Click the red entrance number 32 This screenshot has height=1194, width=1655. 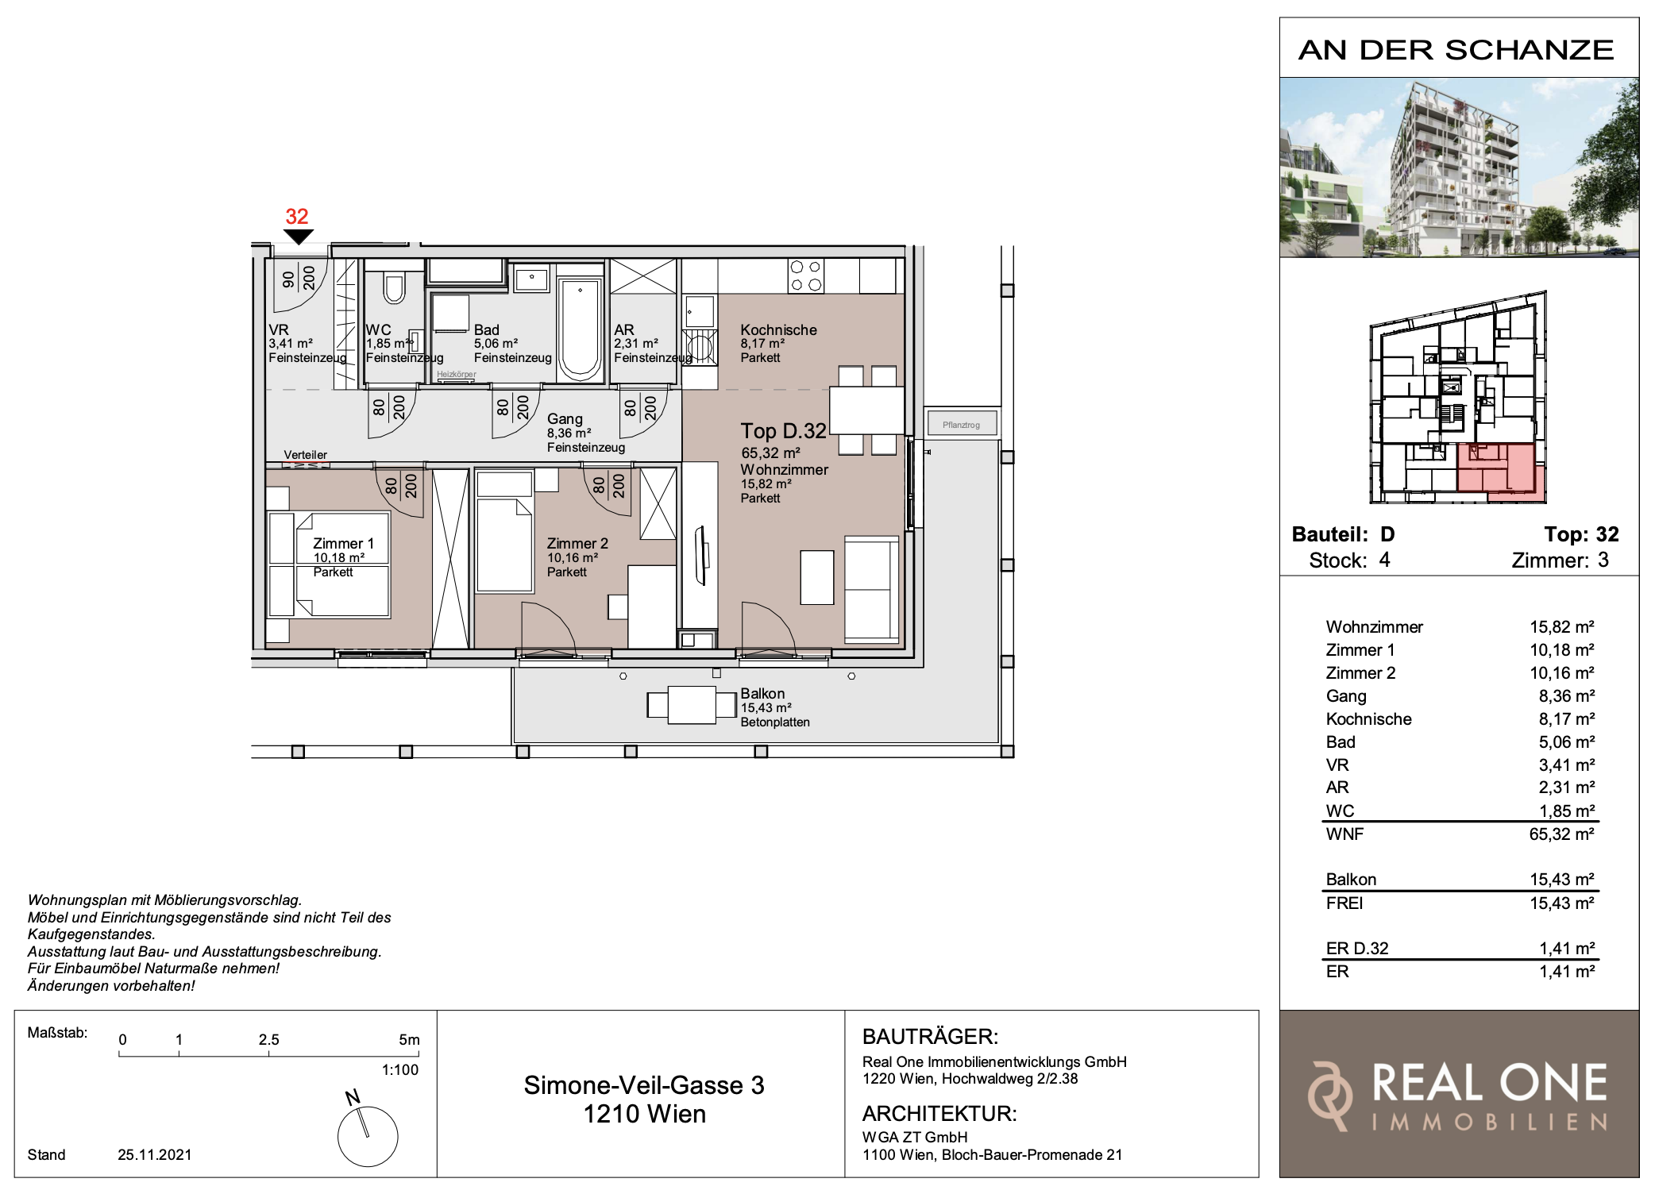coord(297,216)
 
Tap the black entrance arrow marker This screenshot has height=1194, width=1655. coord(298,237)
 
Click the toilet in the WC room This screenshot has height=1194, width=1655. coord(394,288)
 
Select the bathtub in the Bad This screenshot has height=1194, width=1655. coord(580,329)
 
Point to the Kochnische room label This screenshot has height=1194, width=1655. coord(778,329)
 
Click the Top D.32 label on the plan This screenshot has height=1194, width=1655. coord(784,431)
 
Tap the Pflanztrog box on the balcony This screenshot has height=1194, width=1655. coord(961,424)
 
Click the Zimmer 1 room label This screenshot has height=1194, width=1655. coord(343,543)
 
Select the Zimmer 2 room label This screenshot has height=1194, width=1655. coord(577,543)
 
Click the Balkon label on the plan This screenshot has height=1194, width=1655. coord(762,693)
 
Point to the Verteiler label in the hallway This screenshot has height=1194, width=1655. coord(306,455)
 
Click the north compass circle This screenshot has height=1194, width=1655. coord(368,1137)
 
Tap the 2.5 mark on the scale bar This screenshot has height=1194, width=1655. coord(269,1039)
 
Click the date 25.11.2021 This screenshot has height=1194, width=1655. coord(155,1154)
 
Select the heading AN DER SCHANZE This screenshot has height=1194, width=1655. coord(1456,49)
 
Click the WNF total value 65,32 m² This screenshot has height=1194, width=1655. coord(1562,834)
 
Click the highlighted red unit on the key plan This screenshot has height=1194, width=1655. coord(1501,472)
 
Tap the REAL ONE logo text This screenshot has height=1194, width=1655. coord(1490,1083)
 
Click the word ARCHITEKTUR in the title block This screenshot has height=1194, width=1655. coord(939,1113)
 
